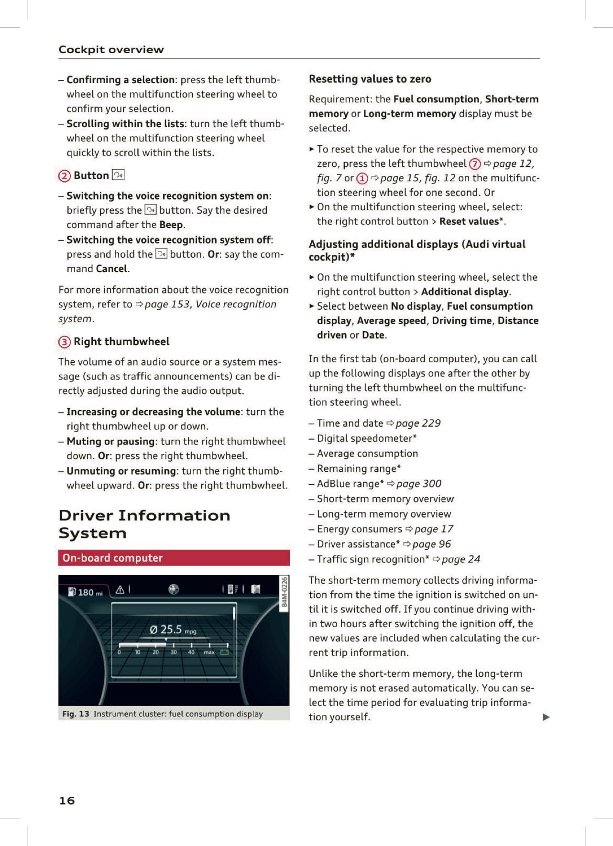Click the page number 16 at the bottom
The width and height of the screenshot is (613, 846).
tap(67, 801)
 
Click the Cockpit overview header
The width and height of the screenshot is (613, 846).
tap(111, 50)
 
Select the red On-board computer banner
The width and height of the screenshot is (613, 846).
tap(174, 558)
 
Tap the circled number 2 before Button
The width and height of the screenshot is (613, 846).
tap(64, 176)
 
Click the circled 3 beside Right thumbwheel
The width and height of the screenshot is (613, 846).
tap(64, 342)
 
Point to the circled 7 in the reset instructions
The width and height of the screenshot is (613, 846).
tap(474, 164)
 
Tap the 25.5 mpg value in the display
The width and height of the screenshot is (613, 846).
tap(171, 629)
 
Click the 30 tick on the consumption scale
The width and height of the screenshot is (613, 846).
tap(174, 652)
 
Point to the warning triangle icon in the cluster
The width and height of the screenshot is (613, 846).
tap(120, 590)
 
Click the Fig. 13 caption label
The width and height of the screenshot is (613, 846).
tap(76, 714)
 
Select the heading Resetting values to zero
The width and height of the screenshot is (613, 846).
tap(370, 79)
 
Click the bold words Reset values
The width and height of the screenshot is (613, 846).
tap(469, 222)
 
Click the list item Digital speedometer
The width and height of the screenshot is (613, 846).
tap(366, 438)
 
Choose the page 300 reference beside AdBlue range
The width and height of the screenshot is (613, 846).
tap(418, 484)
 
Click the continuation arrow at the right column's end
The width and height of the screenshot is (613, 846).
tap(547, 717)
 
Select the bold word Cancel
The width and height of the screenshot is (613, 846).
tap(111, 269)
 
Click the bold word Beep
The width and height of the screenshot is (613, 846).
tap(171, 225)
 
